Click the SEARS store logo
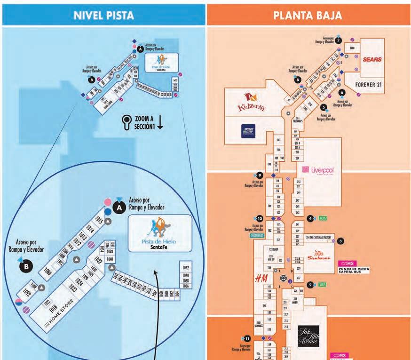click(372, 60)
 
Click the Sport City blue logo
click(248, 131)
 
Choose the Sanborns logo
click(317, 256)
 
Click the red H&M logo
click(261, 279)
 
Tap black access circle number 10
click(260, 218)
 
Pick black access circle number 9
click(260, 175)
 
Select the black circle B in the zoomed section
click(27, 266)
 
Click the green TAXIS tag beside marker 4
click(322, 218)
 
